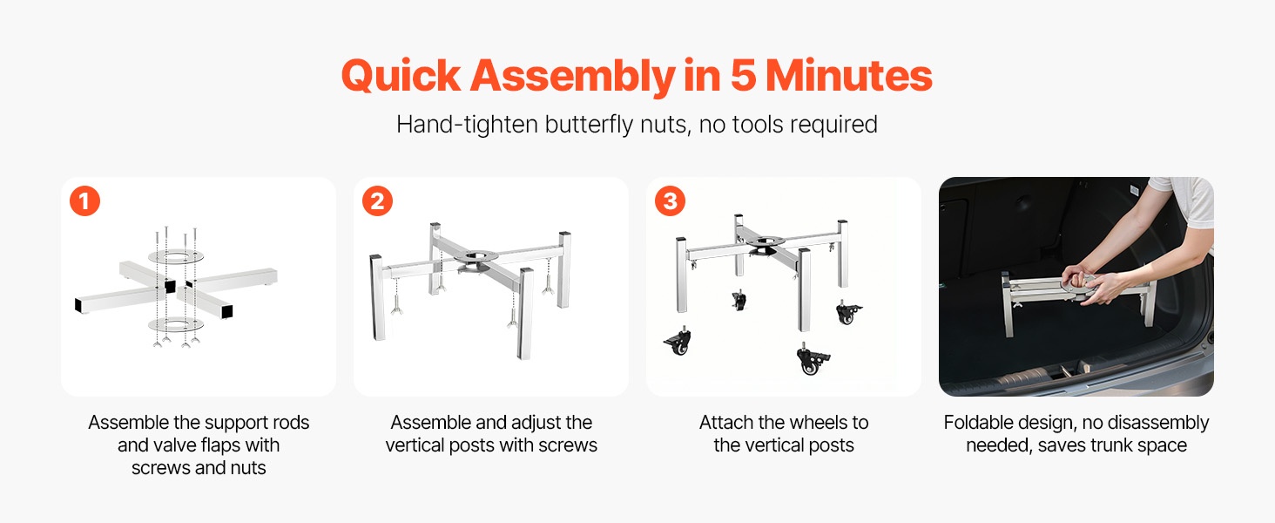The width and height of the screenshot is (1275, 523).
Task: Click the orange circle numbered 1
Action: click(84, 201)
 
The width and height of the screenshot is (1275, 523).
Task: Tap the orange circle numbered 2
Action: click(377, 201)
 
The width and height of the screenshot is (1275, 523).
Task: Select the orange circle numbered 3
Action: click(670, 201)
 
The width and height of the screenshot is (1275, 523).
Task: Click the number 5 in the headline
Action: click(743, 75)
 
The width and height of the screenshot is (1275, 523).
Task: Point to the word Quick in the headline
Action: click(401, 77)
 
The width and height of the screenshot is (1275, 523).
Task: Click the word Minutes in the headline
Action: click(848, 75)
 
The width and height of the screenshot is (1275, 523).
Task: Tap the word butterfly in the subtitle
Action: click(589, 125)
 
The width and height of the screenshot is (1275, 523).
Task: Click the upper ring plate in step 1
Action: click(176, 256)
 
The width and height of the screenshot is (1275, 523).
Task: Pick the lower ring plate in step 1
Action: click(176, 325)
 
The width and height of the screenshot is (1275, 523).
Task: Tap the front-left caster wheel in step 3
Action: click(678, 342)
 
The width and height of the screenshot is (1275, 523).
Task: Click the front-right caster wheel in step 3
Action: click(813, 360)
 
